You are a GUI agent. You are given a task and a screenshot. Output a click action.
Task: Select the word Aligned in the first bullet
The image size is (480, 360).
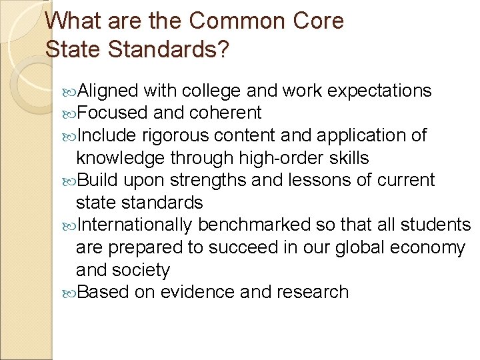click(x=108, y=91)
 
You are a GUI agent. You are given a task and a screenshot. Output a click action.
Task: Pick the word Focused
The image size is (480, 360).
click(x=111, y=113)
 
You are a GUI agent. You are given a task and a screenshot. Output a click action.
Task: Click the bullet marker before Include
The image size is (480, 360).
click(x=72, y=136)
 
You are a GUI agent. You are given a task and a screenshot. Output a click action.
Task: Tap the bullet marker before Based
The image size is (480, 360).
click(x=72, y=293)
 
